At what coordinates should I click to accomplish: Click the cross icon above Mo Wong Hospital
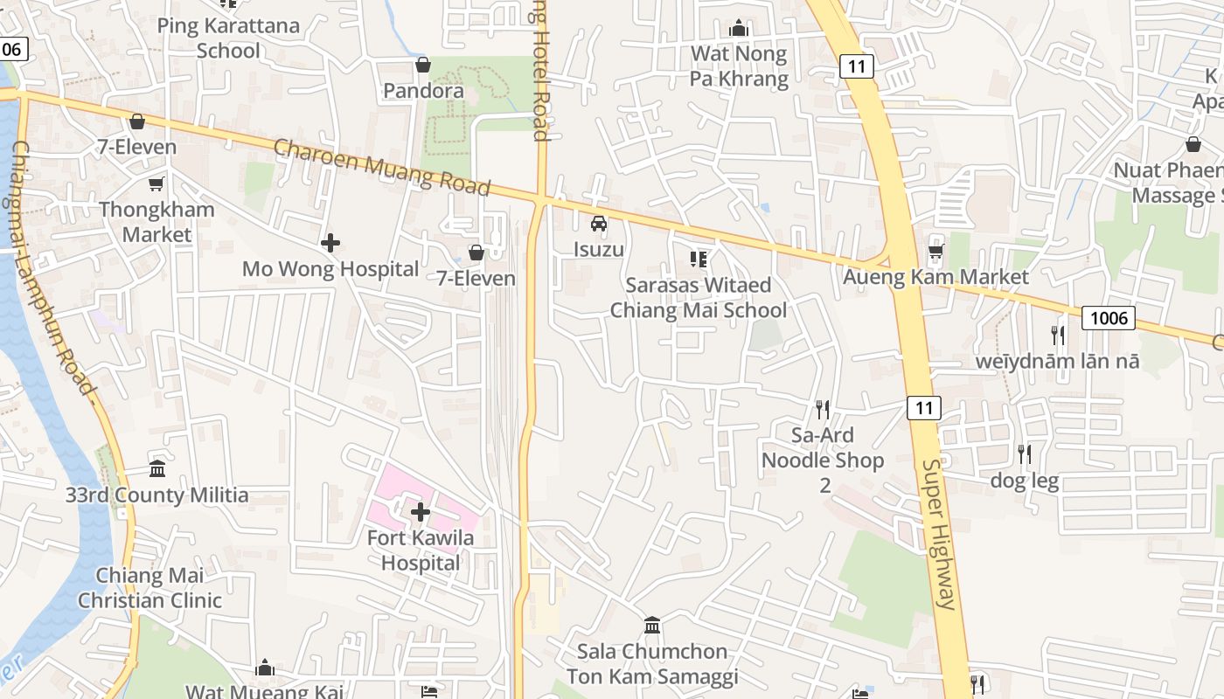(330, 243)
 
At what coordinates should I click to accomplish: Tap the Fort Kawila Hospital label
(421, 550)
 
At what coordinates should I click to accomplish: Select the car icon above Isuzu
(599, 224)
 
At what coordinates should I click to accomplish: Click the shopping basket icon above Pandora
(423, 65)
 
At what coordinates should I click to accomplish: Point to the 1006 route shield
(1109, 317)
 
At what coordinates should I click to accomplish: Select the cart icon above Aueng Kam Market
(935, 252)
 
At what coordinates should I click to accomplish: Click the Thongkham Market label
(156, 222)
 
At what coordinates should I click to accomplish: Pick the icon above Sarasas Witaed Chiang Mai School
(698, 259)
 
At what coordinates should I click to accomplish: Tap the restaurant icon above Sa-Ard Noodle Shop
(822, 409)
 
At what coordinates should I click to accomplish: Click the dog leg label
(1024, 481)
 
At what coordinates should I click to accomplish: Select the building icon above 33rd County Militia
(157, 469)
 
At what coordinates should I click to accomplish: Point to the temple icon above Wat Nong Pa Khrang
(739, 29)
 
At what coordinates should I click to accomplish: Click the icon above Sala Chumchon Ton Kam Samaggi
(652, 626)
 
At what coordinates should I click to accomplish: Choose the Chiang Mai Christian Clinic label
(150, 588)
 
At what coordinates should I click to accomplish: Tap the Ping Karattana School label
(228, 38)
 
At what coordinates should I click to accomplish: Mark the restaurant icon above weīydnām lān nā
(1058, 335)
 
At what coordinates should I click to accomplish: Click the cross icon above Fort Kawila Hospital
(421, 512)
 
